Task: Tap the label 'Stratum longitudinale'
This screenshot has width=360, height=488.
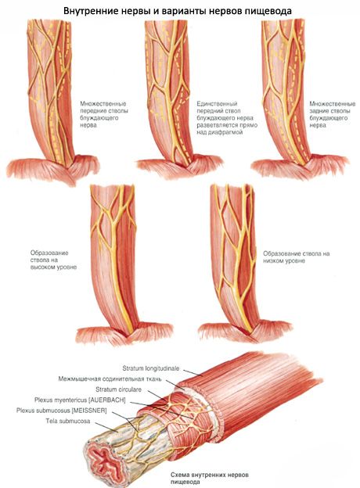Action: point(151,368)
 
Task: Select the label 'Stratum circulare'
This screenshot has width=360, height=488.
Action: point(119,389)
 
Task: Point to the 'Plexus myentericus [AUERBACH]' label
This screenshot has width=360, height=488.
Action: point(80,400)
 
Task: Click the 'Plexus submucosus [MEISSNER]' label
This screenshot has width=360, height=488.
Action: point(62,411)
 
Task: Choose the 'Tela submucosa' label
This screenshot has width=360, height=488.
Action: point(68,421)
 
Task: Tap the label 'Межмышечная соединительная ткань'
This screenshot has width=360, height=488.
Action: point(110,379)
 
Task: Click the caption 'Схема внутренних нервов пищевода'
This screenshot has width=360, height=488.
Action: point(210,479)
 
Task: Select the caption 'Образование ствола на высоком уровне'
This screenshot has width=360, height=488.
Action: point(53,260)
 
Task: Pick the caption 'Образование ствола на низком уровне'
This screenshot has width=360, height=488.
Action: point(297,257)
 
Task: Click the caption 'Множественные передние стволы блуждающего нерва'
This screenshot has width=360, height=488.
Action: point(104,114)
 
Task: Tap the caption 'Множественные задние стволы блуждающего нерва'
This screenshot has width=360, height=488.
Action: point(333,114)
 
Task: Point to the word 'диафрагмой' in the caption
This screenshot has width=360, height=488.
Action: point(223,132)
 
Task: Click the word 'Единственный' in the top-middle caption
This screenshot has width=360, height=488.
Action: point(217,104)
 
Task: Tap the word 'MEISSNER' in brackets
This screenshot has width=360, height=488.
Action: point(89,411)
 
